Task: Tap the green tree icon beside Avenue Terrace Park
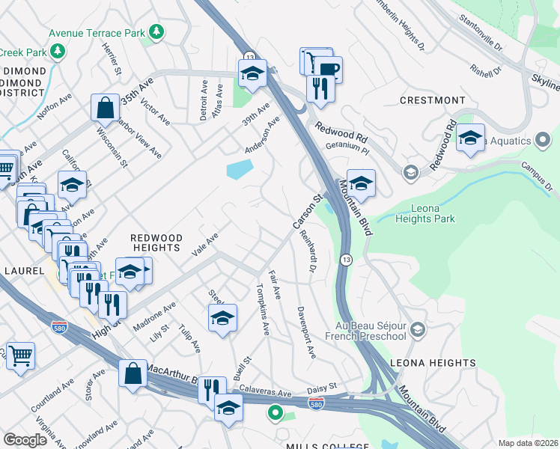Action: click(156, 31)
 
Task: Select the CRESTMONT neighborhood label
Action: click(433, 100)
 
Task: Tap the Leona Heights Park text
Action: click(422, 213)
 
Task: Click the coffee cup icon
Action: click(327, 70)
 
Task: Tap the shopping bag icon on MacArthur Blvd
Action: click(133, 373)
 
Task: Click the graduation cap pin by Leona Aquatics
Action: click(470, 138)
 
